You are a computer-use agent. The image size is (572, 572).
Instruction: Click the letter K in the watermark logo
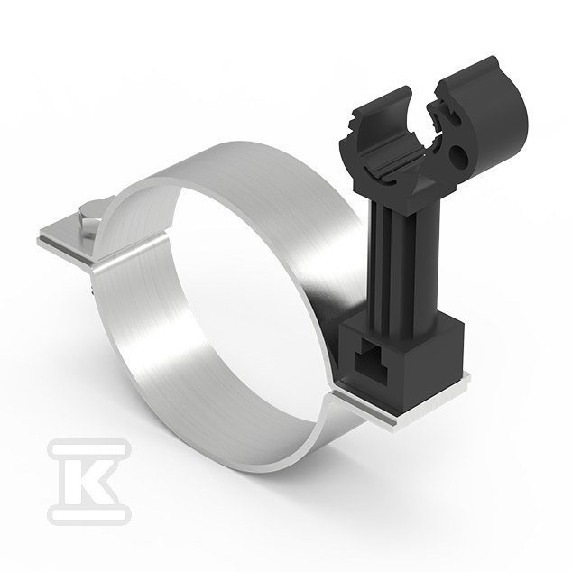(89, 481)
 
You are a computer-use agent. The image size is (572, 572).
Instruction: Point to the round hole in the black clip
(460, 154)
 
